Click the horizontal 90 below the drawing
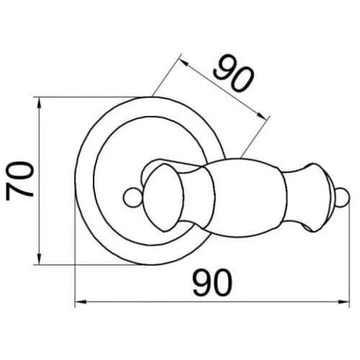(212, 283)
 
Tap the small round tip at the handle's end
(343, 197)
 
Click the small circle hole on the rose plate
(132, 197)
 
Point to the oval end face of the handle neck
(163, 198)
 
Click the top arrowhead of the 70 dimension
(40, 103)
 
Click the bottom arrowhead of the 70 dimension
(40, 258)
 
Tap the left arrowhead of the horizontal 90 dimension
(81, 302)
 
